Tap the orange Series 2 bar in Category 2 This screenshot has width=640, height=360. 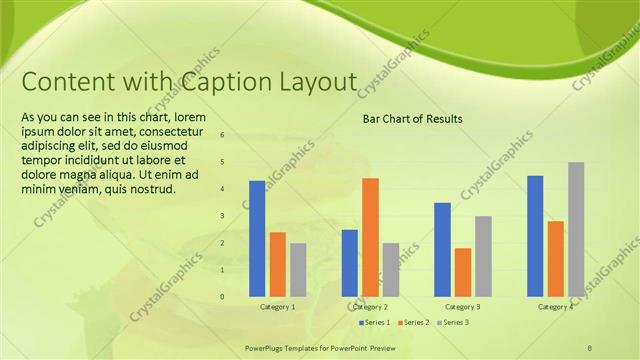click(x=370, y=237)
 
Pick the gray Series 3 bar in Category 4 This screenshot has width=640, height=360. click(x=576, y=229)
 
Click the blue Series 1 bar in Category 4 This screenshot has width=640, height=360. click(x=535, y=236)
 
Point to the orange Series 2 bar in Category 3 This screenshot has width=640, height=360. click(x=462, y=272)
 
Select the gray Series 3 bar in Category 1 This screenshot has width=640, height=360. click(x=298, y=269)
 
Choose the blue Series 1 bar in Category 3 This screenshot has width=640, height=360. click(x=442, y=249)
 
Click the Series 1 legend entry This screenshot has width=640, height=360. click(x=375, y=322)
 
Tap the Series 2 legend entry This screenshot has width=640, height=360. click(x=413, y=322)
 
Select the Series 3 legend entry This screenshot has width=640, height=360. click(x=452, y=322)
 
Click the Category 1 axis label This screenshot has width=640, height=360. click(x=277, y=307)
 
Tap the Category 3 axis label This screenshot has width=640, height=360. click(x=462, y=307)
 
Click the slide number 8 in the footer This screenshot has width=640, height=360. click(x=590, y=346)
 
